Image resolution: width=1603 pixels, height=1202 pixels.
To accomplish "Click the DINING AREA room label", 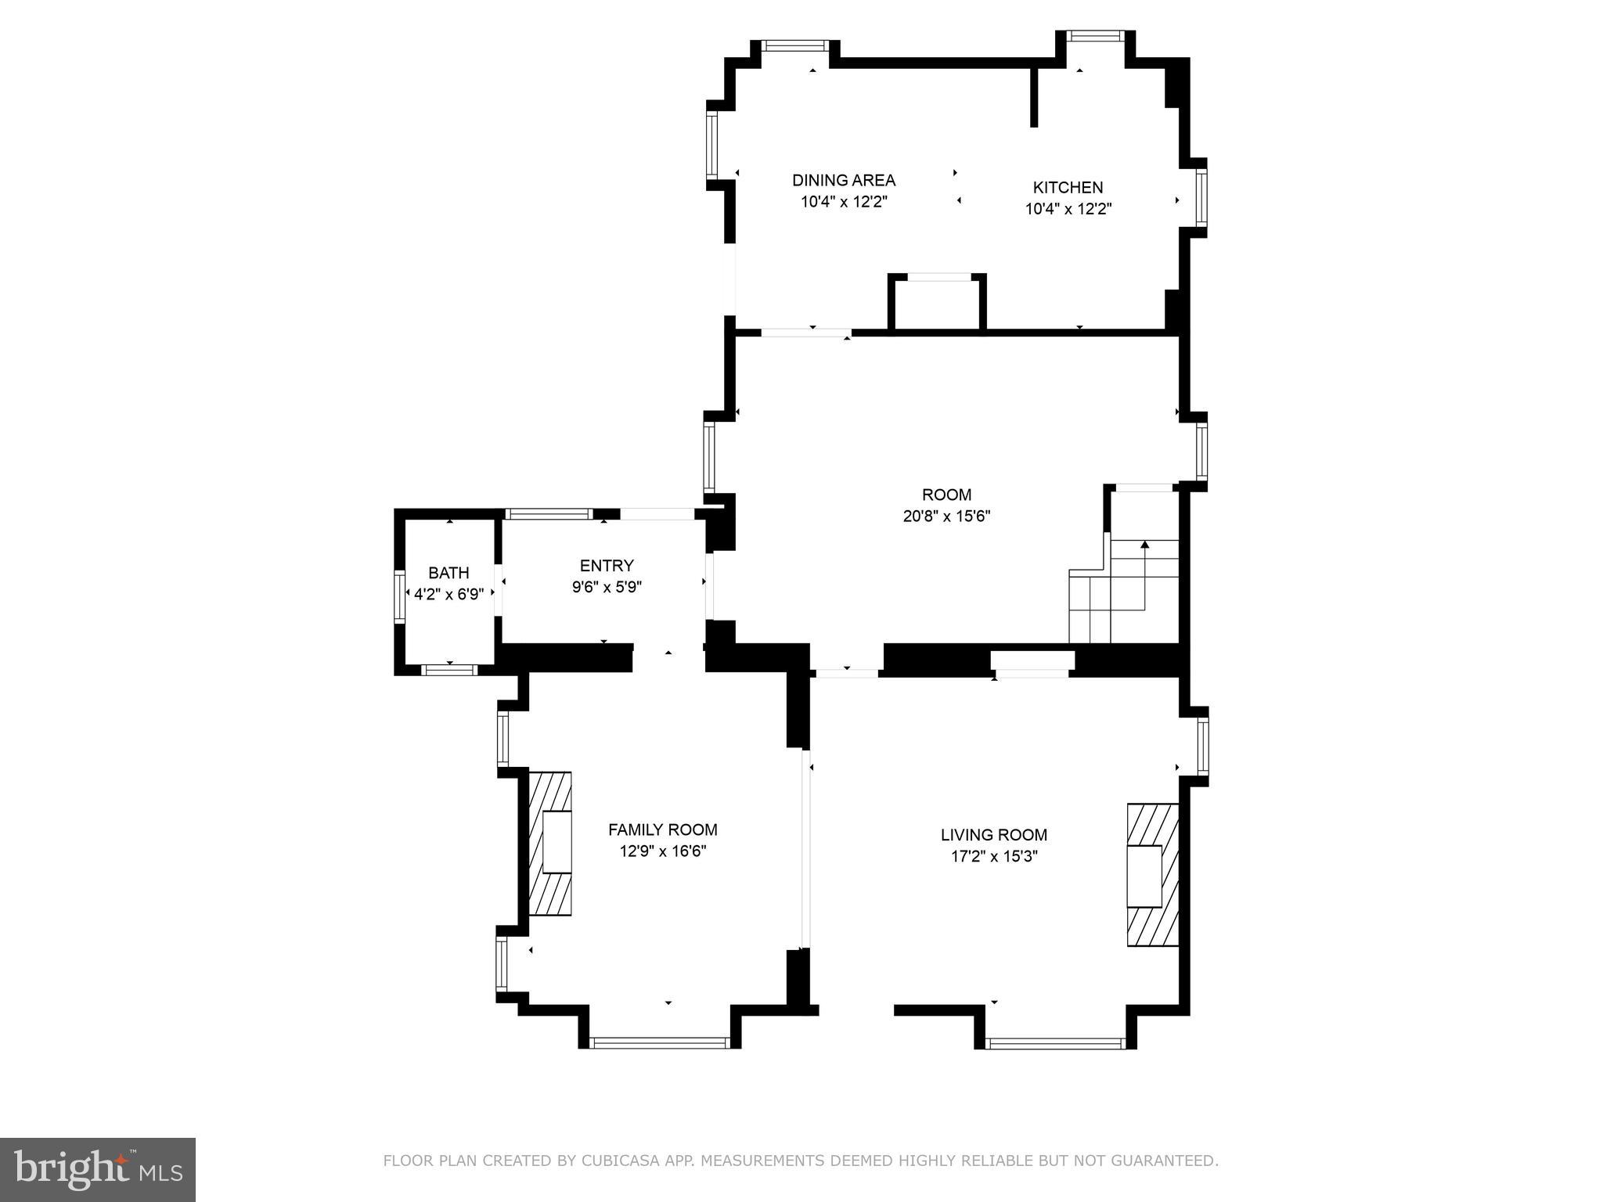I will (x=843, y=180).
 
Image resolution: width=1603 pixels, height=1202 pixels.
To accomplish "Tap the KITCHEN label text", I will (x=1068, y=188).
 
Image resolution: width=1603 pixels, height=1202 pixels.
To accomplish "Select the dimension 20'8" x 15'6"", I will (x=946, y=516).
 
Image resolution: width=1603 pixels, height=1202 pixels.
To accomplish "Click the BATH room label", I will (x=448, y=573).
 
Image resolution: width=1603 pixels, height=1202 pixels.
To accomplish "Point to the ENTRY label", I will (x=607, y=566).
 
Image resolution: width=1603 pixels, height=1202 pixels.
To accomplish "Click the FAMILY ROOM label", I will (x=662, y=830).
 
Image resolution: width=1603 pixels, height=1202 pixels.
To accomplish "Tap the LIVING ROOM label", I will (x=993, y=835).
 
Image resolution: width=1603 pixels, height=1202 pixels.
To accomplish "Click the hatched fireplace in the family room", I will (x=550, y=843).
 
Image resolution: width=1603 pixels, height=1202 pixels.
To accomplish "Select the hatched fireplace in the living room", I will (x=1152, y=875).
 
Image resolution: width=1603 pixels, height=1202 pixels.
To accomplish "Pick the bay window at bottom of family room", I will (x=660, y=1042).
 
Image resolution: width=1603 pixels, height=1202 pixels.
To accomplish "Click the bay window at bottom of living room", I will (x=1055, y=1042).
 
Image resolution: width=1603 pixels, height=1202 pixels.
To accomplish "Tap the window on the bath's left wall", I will (x=399, y=596).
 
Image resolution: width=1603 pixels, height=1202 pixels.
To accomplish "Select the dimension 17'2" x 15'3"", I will (x=993, y=857).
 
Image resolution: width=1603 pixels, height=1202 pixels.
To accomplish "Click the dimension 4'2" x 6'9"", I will (x=448, y=595).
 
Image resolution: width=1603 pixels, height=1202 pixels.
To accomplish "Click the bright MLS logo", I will (x=98, y=1170).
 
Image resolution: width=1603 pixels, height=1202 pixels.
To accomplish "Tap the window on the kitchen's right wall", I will (x=1201, y=197).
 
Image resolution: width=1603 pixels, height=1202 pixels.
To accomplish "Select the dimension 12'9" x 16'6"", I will (x=662, y=851).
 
